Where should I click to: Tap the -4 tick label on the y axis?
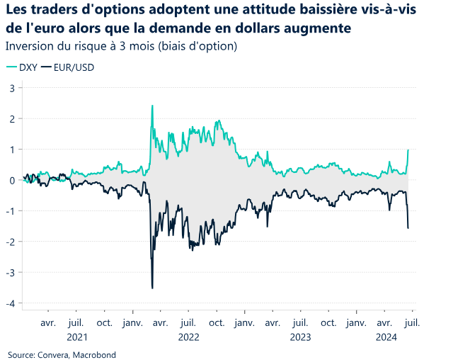click(11, 303)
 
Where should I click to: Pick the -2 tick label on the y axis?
click(11, 242)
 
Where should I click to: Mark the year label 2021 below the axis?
click(77, 337)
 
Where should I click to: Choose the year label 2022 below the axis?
click(188, 337)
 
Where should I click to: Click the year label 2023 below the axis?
click(300, 337)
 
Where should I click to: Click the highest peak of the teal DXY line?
click(152, 106)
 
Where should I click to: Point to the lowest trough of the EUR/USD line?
click(152, 288)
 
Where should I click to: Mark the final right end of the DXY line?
click(408, 150)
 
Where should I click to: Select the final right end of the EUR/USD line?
click(408, 227)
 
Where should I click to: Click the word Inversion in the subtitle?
click(28, 47)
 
